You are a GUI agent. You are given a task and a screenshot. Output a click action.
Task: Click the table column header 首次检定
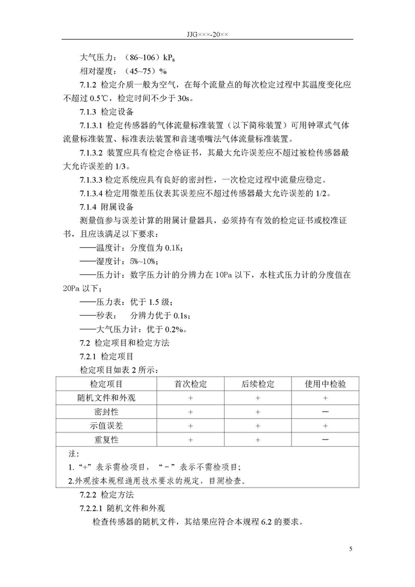coord(190,384)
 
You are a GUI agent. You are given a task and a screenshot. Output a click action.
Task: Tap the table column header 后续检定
coord(258,384)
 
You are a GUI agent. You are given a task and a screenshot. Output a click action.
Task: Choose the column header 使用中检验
coord(325,384)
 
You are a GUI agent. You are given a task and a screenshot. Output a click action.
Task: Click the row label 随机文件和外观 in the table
coord(106,398)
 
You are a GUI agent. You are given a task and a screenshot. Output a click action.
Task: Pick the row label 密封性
coord(106,412)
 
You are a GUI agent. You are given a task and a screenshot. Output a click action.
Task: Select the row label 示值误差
coord(106,426)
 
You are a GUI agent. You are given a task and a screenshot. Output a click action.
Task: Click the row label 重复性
coord(106,440)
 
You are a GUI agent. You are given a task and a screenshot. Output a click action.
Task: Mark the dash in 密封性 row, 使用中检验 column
coord(325,412)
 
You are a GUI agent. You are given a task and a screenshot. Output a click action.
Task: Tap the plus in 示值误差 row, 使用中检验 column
coord(325,426)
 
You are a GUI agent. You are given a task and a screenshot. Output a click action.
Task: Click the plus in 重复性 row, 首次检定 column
coord(190,440)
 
